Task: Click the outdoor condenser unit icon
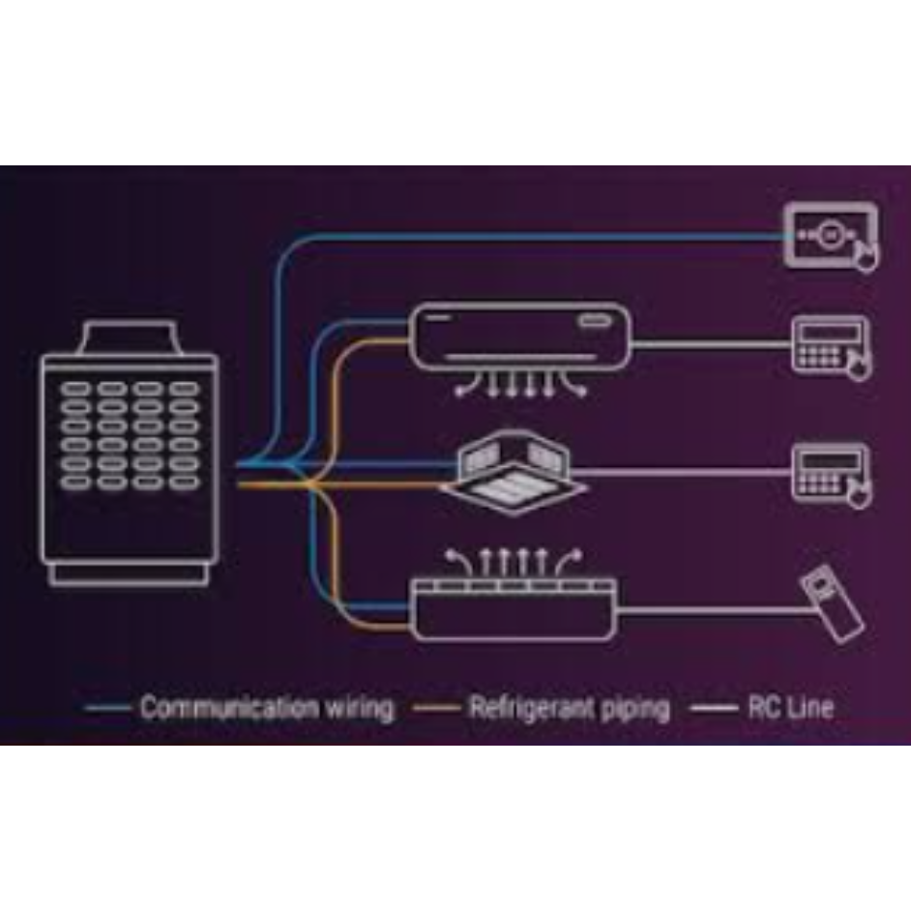click(x=130, y=454)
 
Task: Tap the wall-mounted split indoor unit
click(x=520, y=348)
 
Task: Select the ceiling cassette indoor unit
click(x=514, y=472)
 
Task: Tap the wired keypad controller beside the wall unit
click(x=831, y=348)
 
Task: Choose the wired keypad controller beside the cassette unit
click(x=831, y=475)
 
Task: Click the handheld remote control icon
click(x=832, y=604)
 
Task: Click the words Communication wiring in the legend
click(x=267, y=708)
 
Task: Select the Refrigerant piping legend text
click(x=570, y=708)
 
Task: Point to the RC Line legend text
click(x=791, y=707)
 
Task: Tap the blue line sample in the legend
click(x=107, y=708)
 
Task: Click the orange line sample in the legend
click(x=436, y=708)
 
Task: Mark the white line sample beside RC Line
click(x=714, y=708)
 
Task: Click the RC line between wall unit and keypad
click(x=712, y=344)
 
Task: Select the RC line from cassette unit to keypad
click(x=683, y=472)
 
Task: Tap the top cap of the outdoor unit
click(x=129, y=337)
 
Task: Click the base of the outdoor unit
click(x=129, y=574)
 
